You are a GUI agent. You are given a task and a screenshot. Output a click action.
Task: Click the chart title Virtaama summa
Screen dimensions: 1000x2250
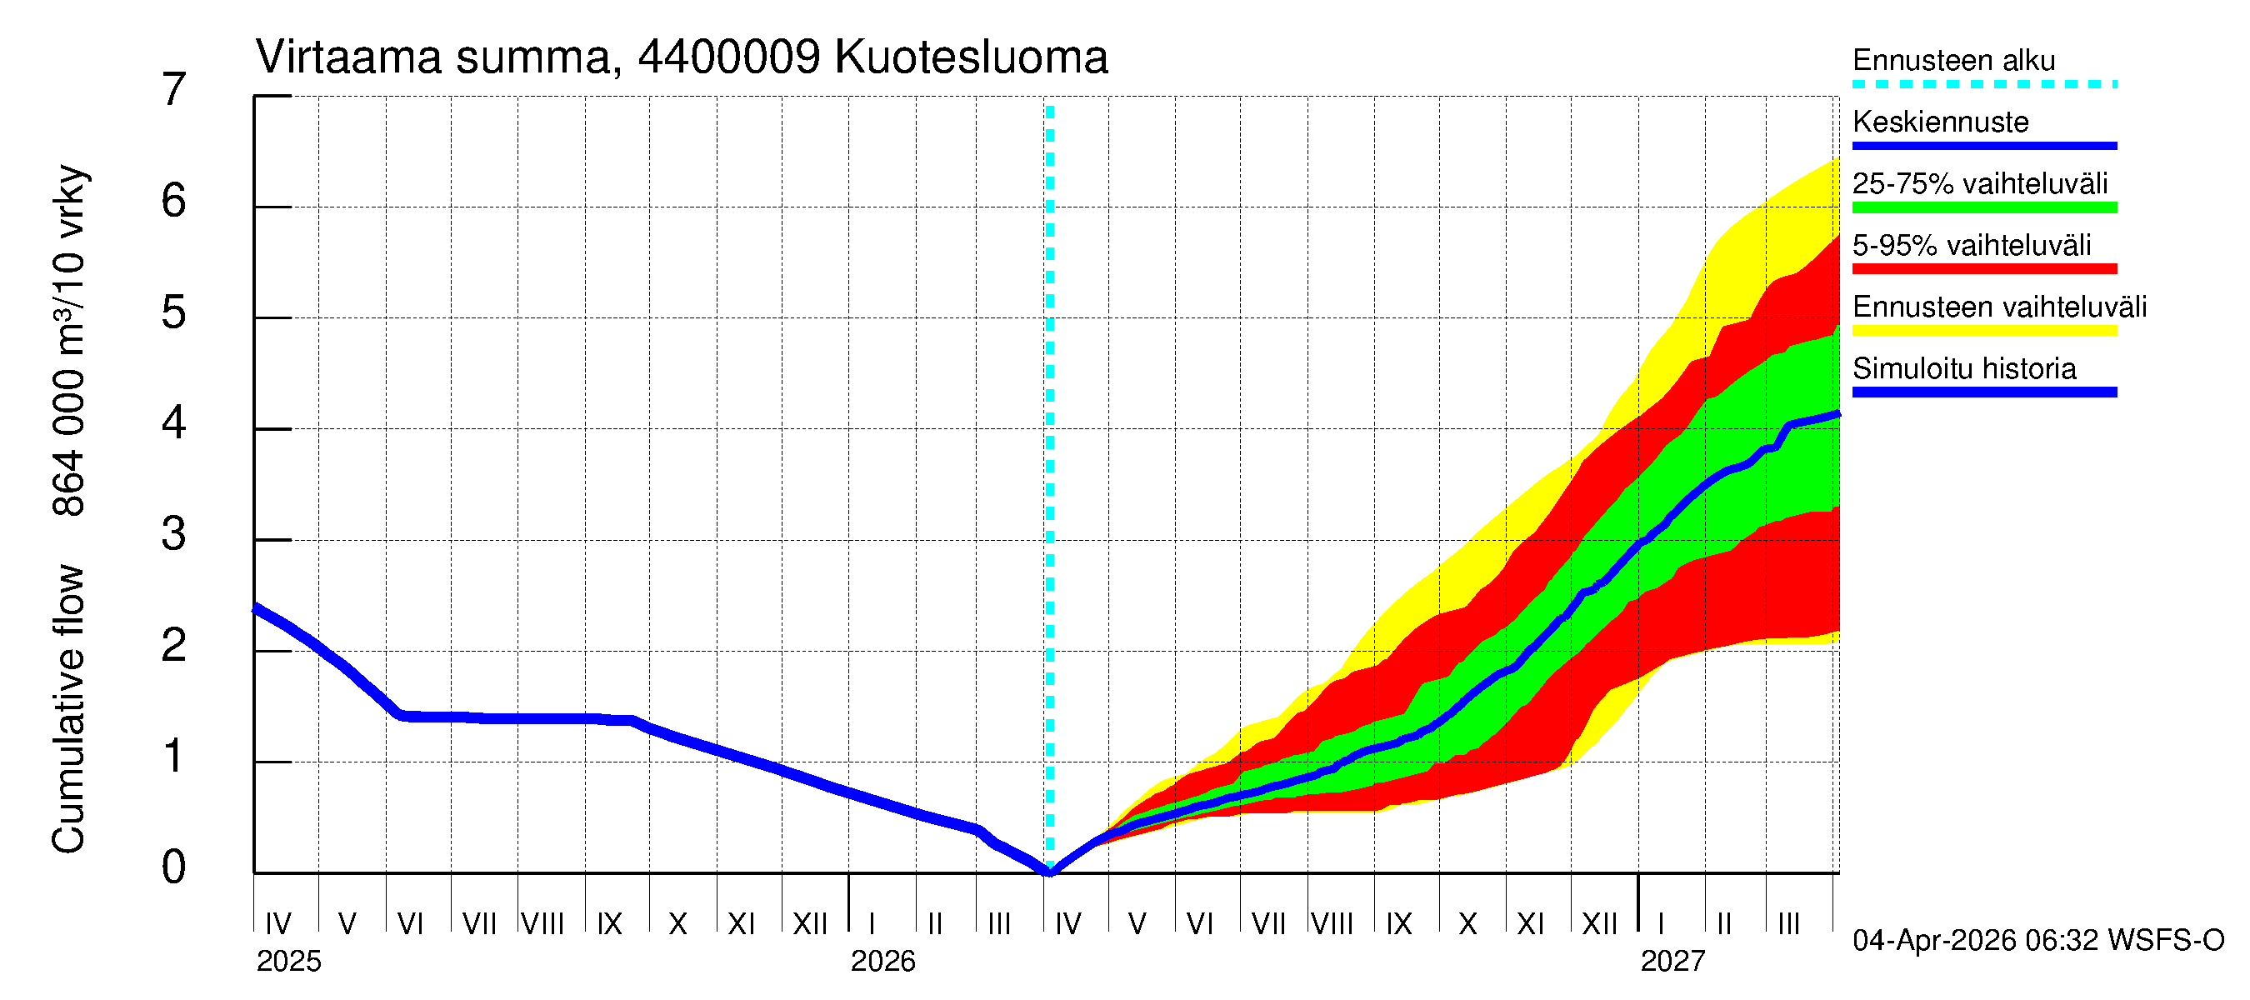[x=682, y=57]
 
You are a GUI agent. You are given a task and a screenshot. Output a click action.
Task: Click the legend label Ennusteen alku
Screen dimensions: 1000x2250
[x=1953, y=60]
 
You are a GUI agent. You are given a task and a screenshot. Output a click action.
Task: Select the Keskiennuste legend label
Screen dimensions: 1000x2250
[x=1940, y=122]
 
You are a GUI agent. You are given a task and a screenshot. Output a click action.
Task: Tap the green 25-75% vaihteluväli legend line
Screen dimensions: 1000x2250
[x=1983, y=207]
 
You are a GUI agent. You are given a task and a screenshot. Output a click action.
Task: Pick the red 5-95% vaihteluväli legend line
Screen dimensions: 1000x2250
[x=1983, y=269]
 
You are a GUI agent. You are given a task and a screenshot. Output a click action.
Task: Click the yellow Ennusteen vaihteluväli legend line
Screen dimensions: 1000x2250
[x=1983, y=331]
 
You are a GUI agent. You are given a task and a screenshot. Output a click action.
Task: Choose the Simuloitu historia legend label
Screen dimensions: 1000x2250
[x=1963, y=368]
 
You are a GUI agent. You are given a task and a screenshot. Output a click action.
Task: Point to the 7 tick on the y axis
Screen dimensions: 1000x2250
[x=174, y=90]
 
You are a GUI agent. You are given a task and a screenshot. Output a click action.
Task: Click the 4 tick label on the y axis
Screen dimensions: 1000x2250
[x=174, y=424]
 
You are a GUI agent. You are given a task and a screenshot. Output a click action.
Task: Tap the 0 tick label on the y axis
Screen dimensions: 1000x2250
[x=174, y=868]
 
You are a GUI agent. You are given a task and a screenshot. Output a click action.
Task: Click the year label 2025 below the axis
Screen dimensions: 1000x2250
[x=288, y=962]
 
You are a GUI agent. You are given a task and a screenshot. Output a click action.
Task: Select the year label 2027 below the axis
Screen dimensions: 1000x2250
[x=1672, y=962]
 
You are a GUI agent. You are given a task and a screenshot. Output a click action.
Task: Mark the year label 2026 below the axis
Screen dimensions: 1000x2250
[x=882, y=962]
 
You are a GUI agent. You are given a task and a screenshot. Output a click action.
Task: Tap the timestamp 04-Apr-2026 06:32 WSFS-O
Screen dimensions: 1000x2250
[x=2037, y=941]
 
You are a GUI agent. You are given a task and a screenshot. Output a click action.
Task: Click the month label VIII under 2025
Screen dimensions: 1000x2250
[x=542, y=924]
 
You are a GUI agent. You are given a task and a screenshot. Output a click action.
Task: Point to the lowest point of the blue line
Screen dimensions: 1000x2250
[x=1050, y=872]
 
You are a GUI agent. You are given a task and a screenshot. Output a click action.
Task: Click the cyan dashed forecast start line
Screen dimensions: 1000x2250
[x=1050, y=437]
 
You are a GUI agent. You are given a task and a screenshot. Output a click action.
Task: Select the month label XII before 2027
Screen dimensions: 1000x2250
[x=1599, y=924]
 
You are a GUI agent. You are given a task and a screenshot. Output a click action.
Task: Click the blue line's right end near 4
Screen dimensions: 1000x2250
[x=1837, y=414]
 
